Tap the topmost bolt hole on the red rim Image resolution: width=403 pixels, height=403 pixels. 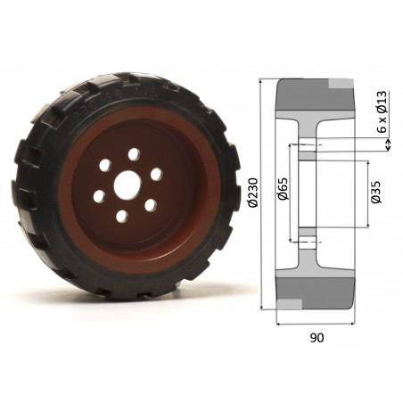click(x=134, y=154)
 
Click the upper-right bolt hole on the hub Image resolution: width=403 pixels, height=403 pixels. click(x=155, y=174)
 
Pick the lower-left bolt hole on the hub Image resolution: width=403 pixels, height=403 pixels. click(x=99, y=197)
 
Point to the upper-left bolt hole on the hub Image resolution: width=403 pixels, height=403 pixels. click(x=107, y=166)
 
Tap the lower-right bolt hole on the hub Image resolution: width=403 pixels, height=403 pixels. click(x=150, y=206)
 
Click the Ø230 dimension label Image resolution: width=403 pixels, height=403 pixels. click(x=254, y=193)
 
